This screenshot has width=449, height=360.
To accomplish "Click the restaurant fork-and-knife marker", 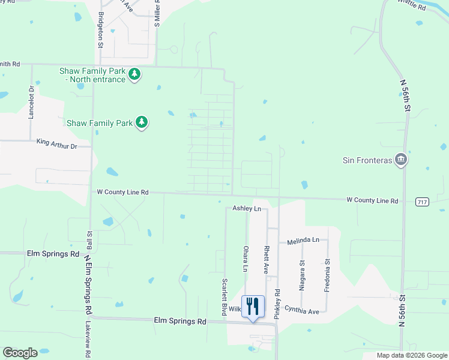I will point(253,306).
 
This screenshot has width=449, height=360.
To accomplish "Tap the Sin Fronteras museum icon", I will point(402,160).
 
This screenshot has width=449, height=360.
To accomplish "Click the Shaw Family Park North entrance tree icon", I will point(136,74).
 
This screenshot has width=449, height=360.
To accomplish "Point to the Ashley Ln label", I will point(247,208).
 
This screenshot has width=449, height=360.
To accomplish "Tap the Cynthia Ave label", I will point(302,311).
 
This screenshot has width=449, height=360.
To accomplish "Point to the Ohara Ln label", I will point(246,259).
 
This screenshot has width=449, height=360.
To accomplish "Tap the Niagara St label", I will point(302,275).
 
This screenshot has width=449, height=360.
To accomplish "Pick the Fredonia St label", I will point(327,275).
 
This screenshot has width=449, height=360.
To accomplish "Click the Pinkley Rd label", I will point(277,304).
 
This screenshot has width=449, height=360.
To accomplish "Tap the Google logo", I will point(20,352).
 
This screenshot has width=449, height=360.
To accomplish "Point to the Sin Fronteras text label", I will point(367,160).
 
